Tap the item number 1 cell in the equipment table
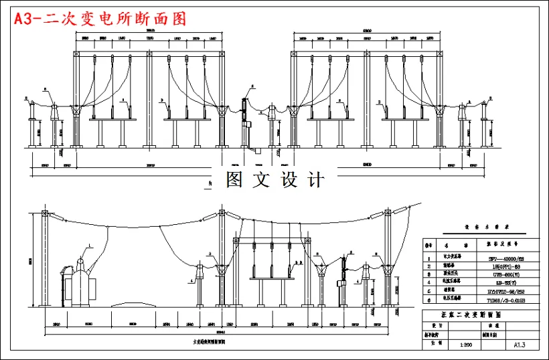[x=428, y=256]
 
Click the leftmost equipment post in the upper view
[x=30, y=124]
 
